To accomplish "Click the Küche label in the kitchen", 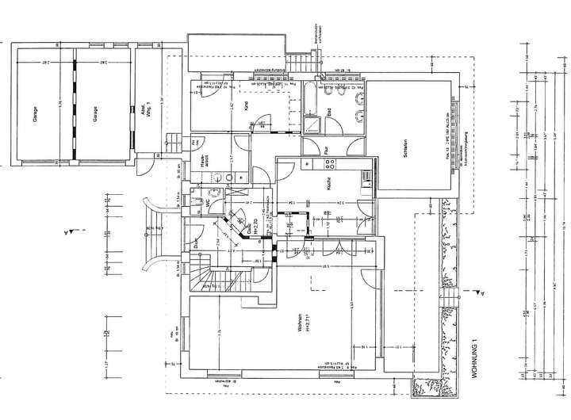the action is point(327,184).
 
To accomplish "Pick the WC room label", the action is point(209,203).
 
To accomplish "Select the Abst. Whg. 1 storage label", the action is point(148,111).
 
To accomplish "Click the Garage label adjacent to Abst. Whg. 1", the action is point(94,111).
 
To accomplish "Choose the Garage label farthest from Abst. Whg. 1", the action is point(36,111).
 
